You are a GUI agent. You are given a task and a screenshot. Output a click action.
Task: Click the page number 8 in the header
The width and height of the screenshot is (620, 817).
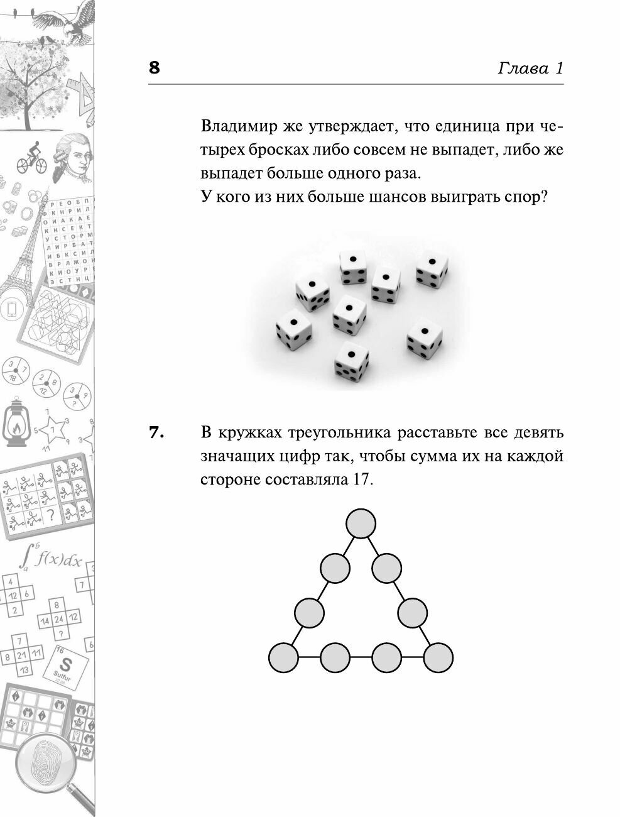click(155, 67)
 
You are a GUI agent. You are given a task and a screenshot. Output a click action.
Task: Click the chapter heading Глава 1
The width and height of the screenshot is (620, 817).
click(530, 68)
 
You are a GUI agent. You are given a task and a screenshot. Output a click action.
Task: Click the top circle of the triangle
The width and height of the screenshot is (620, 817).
click(361, 524)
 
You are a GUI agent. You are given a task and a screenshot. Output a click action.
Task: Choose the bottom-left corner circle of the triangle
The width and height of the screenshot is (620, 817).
click(283, 658)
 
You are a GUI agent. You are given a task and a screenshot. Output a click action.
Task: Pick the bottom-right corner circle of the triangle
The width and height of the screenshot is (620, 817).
click(438, 658)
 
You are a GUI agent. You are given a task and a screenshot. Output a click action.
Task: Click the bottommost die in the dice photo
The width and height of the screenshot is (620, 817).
click(351, 362)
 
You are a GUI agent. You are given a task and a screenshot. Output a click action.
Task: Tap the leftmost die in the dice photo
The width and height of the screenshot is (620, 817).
click(293, 330)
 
